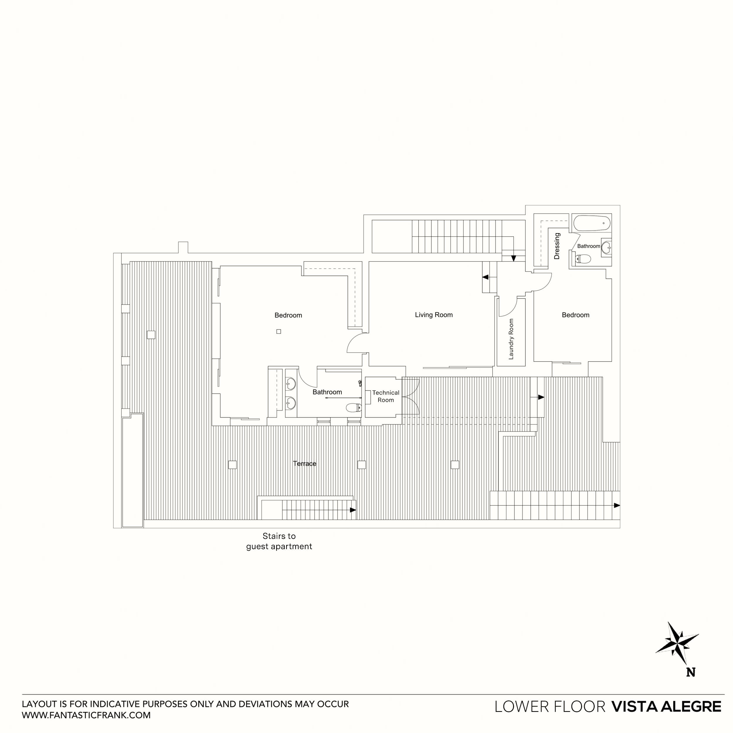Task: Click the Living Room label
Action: pos(434,315)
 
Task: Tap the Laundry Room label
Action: pos(511,339)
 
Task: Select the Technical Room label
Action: pos(386,396)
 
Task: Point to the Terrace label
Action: pos(304,463)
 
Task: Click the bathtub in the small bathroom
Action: pos(591,223)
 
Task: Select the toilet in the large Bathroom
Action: pos(353,408)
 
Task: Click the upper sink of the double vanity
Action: pos(291,384)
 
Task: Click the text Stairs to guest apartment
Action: pos(279,541)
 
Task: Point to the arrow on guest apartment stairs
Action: pos(352,510)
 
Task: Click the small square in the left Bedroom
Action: pos(279,331)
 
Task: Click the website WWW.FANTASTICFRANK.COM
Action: pos(86,715)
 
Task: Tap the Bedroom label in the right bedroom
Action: pos(575,315)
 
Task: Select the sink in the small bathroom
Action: pos(606,248)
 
